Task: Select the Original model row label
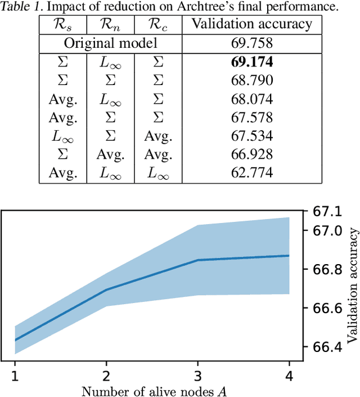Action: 110,43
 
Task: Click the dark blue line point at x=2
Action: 106,290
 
